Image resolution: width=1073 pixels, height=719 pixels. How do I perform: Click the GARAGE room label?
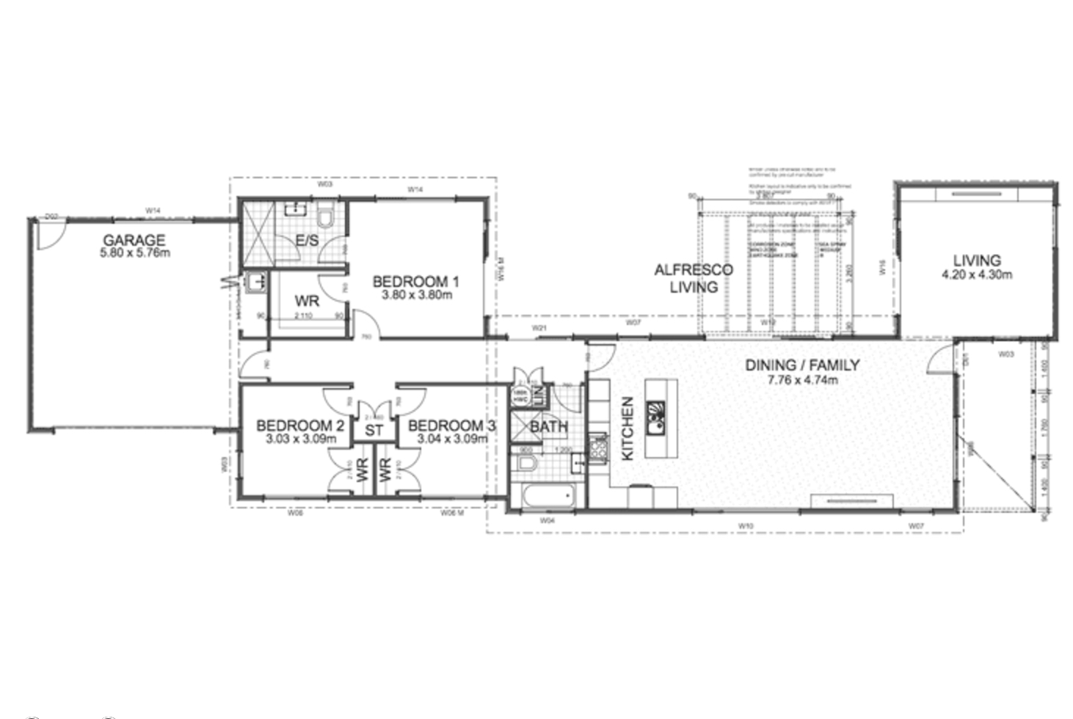point(134,240)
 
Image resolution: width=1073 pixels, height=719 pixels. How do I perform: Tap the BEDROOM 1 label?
point(415,281)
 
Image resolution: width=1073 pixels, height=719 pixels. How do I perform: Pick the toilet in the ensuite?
point(326,218)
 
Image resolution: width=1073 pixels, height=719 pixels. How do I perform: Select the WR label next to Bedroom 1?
point(306,301)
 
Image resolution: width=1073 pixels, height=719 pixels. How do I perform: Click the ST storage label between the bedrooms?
point(374,430)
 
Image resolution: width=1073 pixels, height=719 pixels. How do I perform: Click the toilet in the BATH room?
point(525,463)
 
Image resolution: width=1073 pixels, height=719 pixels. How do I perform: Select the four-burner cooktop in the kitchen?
point(599,448)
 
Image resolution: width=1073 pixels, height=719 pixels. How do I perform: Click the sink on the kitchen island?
point(655,417)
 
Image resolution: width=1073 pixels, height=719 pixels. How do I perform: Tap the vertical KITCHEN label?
point(628,428)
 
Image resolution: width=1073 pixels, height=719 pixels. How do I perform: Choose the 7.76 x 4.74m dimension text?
point(802,379)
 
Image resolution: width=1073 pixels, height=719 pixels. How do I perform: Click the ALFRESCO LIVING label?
point(693,278)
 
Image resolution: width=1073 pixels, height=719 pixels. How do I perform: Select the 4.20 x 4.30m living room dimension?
point(976,274)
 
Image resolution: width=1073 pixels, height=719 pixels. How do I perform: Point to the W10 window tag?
point(746,525)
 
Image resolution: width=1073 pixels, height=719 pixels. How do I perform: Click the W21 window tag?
point(539,328)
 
